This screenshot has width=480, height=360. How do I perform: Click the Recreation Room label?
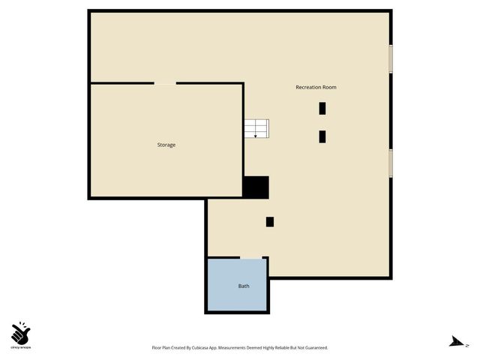click(x=316, y=88)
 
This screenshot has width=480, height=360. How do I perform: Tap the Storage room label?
click(x=166, y=145)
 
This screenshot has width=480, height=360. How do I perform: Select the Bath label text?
click(x=244, y=286)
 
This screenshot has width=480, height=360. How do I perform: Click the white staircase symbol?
click(x=256, y=128)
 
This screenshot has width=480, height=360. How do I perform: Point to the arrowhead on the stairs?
click(x=256, y=136)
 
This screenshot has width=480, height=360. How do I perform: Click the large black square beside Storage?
click(x=256, y=187)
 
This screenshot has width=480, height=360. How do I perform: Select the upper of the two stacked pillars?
click(x=322, y=108)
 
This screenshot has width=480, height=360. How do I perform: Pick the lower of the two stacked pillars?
click(x=322, y=136)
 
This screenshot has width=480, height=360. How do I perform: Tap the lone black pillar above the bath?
click(x=270, y=221)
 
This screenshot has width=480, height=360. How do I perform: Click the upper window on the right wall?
click(x=390, y=59)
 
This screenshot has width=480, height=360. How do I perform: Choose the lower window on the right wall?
click(x=390, y=162)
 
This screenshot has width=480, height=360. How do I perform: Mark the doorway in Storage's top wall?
click(x=165, y=83)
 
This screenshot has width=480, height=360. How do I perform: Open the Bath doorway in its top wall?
click(x=250, y=258)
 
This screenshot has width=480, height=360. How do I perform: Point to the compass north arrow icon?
click(x=454, y=341)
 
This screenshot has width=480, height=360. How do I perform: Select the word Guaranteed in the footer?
click(x=314, y=348)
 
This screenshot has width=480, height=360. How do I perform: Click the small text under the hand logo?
click(x=21, y=348)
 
